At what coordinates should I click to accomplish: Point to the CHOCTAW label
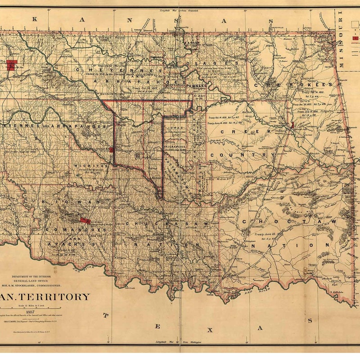pyautogui.click(x=289, y=222)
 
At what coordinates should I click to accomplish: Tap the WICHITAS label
pyautogui.click(x=92, y=166)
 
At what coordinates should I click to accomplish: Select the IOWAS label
pyautogui.click(x=177, y=127)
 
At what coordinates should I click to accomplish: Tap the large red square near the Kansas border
pyautogui.click(x=12, y=65)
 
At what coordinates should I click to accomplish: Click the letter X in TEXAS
pyautogui.click(x=209, y=330)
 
